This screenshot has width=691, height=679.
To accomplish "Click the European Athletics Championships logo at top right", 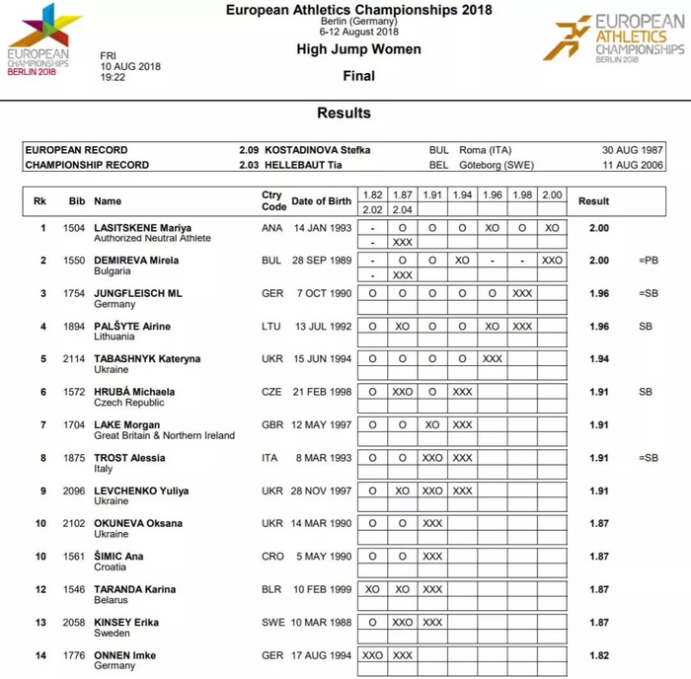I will click(x=620, y=38).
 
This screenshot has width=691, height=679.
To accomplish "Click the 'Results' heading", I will click(x=344, y=113).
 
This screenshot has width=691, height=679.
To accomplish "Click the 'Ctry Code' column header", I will click(x=272, y=200).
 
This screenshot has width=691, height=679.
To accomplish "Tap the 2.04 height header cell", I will click(x=404, y=209).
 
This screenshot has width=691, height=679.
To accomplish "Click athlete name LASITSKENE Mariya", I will click(x=142, y=228).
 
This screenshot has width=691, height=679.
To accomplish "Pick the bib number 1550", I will click(x=74, y=261).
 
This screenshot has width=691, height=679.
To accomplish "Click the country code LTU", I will click(x=272, y=327).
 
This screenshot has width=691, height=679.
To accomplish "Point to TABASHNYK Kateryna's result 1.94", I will click(x=599, y=359).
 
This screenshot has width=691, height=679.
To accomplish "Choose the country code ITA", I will click(x=271, y=458).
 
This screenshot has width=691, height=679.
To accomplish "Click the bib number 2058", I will click(x=74, y=623).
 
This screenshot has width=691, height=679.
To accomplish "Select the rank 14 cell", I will click(x=40, y=655).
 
